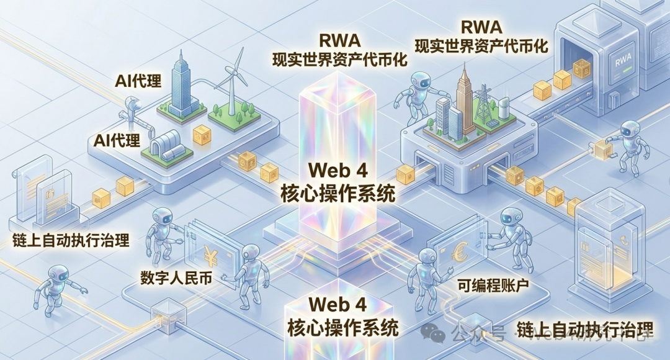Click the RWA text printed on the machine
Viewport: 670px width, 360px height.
(622, 62)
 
